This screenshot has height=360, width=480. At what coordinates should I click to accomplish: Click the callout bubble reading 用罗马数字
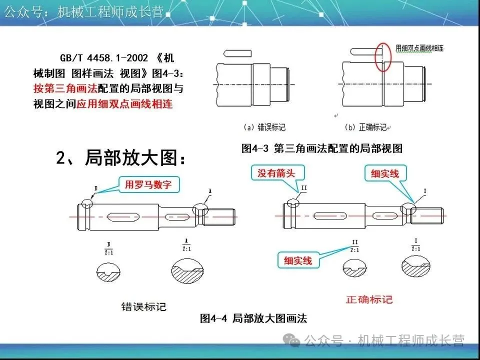(148, 185)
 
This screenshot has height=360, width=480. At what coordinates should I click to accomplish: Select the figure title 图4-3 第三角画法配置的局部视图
(321, 148)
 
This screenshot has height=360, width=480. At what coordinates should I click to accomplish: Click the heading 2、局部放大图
(123, 158)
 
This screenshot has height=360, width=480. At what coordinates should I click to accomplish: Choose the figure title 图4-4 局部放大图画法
(253, 318)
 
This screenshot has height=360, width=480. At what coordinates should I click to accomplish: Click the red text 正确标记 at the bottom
(369, 299)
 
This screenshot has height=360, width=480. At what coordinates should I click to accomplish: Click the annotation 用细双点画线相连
(419, 48)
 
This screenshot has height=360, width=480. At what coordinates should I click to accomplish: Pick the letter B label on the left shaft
(95, 188)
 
